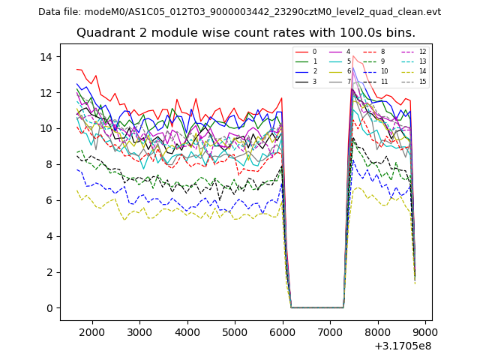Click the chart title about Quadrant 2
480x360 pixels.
point(245,33)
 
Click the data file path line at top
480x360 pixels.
point(239,11)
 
